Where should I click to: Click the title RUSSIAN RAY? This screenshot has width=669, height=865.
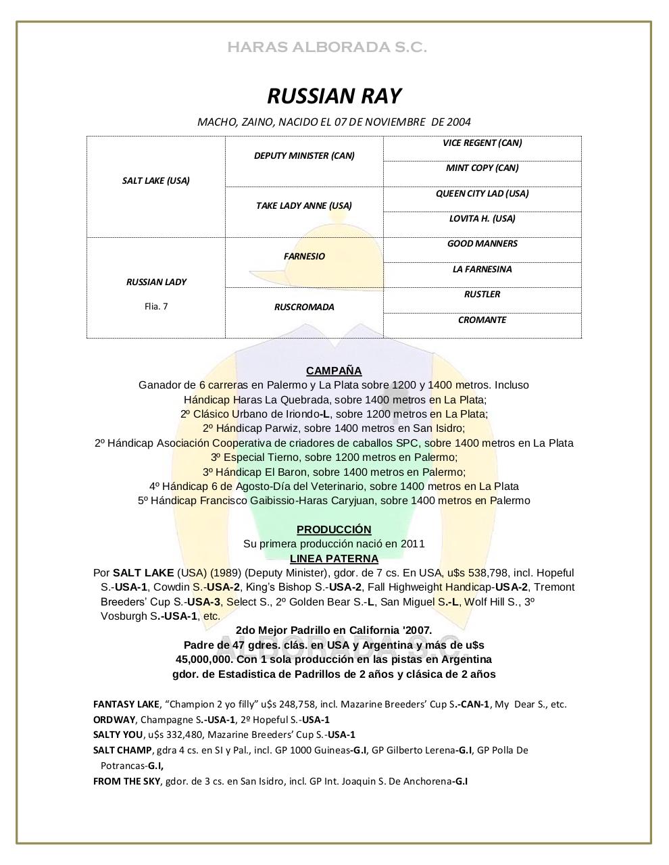click(x=334, y=96)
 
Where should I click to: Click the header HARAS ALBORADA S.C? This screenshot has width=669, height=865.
click(x=327, y=47)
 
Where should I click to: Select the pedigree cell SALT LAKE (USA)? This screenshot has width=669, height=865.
click(x=155, y=180)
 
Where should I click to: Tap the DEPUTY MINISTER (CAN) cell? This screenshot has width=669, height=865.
click(x=304, y=155)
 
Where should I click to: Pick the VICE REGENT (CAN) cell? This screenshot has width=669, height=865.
click(x=482, y=143)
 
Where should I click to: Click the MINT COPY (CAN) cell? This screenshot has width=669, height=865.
click(x=482, y=168)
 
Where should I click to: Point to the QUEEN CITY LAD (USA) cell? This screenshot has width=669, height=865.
click(x=482, y=193)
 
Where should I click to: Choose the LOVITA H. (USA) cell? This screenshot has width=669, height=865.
click(x=482, y=219)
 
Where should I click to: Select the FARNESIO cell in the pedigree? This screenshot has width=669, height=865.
click(x=304, y=256)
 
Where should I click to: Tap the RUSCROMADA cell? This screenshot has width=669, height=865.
click(x=304, y=307)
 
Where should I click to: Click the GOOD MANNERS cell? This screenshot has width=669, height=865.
click(x=482, y=244)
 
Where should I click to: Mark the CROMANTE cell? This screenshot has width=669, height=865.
click(x=482, y=320)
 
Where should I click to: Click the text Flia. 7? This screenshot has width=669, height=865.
click(x=156, y=306)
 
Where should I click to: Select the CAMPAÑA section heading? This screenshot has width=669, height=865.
click(x=334, y=370)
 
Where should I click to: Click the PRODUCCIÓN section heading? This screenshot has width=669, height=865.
click(x=334, y=529)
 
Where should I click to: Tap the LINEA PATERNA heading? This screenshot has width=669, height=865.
click(x=334, y=558)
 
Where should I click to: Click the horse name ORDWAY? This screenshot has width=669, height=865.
click(x=114, y=720)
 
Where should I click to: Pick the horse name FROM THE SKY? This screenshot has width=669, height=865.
click(x=126, y=781)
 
